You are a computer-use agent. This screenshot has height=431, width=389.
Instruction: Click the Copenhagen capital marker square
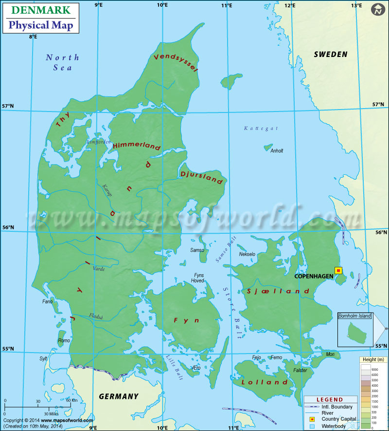coord(338,270)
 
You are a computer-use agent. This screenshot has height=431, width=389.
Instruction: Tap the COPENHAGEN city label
coord(314,276)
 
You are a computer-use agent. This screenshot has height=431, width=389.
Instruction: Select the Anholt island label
coord(277,151)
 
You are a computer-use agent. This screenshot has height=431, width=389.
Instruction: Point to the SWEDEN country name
coord(331,54)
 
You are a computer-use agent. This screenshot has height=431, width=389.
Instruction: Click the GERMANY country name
coord(119,396)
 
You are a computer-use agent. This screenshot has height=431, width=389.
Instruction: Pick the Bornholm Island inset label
coord(354,316)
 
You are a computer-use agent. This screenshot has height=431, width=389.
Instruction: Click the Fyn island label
coord(180,320)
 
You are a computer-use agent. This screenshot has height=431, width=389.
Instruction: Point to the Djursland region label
coord(201,177)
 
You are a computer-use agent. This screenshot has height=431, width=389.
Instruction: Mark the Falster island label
coord(300,370)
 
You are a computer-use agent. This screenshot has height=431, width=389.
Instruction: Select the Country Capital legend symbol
coord(312,419)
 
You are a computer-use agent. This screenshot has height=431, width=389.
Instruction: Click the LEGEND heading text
coord(330,400)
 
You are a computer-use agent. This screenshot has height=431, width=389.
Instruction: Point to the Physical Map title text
coord(41,25)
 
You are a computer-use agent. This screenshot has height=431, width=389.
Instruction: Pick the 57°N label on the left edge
coord(7,106)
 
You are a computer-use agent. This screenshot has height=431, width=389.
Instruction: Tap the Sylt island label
coord(44,359)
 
